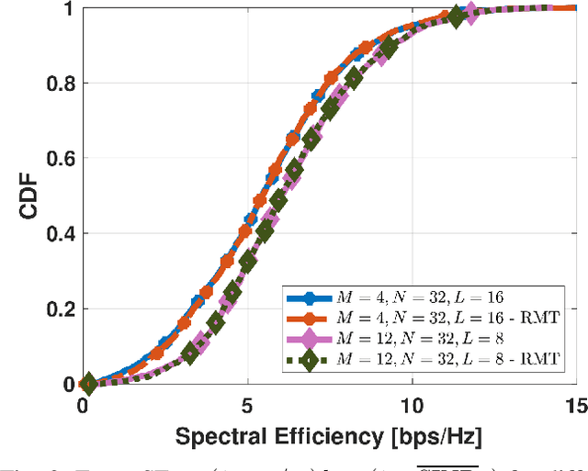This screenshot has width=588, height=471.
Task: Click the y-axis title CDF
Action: coord(29,196)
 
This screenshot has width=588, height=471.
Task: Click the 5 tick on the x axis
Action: coord(247,404)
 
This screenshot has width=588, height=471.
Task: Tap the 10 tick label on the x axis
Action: coord(413,404)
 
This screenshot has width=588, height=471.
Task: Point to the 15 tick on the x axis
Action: coord(575,404)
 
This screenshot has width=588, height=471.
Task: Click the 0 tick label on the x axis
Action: coord(84,404)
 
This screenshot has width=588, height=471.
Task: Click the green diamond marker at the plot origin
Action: coord(86,383)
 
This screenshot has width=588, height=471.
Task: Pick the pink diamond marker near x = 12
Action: coord(470,13)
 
